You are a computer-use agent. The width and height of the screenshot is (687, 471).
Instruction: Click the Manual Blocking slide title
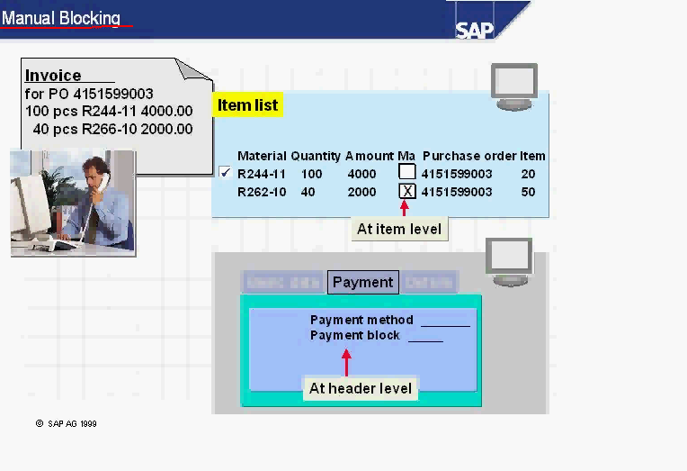pyautogui.click(x=61, y=18)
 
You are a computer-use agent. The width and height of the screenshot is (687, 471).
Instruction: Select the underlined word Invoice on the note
pyautogui.click(x=53, y=76)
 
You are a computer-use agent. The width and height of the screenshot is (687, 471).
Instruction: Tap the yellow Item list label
pyautogui.click(x=247, y=105)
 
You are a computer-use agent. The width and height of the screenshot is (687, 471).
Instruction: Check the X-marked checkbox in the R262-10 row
pyautogui.click(x=407, y=191)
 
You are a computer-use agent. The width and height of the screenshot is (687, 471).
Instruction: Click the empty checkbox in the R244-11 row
pyautogui.click(x=407, y=172)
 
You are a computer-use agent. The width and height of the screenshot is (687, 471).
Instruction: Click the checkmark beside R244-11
pyautogui.click(x=225, y=173)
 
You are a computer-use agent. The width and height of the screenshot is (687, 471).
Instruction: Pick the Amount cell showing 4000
pyautogui.click(x=361, y=174)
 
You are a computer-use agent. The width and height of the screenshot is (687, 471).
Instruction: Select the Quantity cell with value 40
pyautogui.click(x=308, y=192)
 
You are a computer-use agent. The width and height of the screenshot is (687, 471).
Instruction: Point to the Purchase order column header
pyautogui.click(x=468, y=156)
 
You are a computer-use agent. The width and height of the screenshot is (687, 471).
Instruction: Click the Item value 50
pyautogui.click(x=528, y=192)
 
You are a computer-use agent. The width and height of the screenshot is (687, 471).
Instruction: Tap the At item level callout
pyautogui.click(x=399, y=229)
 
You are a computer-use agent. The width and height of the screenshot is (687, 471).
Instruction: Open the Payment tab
pyautogui.click(x=362, y=282)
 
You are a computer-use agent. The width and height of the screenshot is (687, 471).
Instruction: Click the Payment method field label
pyautogui.click(x=361, y=320)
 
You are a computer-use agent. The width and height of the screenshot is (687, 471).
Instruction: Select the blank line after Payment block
pyautogui.click(x=425, y=338)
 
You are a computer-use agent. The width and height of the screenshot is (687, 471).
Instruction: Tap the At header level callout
pyautogui.click(x=361, y=388)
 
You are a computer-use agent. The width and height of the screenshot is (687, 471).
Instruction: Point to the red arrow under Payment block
pyautogui.click(x=346, y=361)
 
